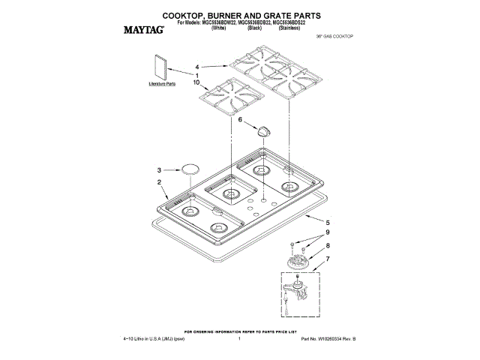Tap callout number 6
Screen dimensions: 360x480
(240, 119)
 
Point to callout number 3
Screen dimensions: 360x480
(159, 169)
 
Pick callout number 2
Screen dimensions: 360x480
(159, 182)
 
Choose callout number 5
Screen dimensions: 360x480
(327, 223)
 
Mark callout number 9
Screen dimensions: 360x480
(327, 233)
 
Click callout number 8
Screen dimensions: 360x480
(327, 245)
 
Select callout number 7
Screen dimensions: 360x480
(327, 259)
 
